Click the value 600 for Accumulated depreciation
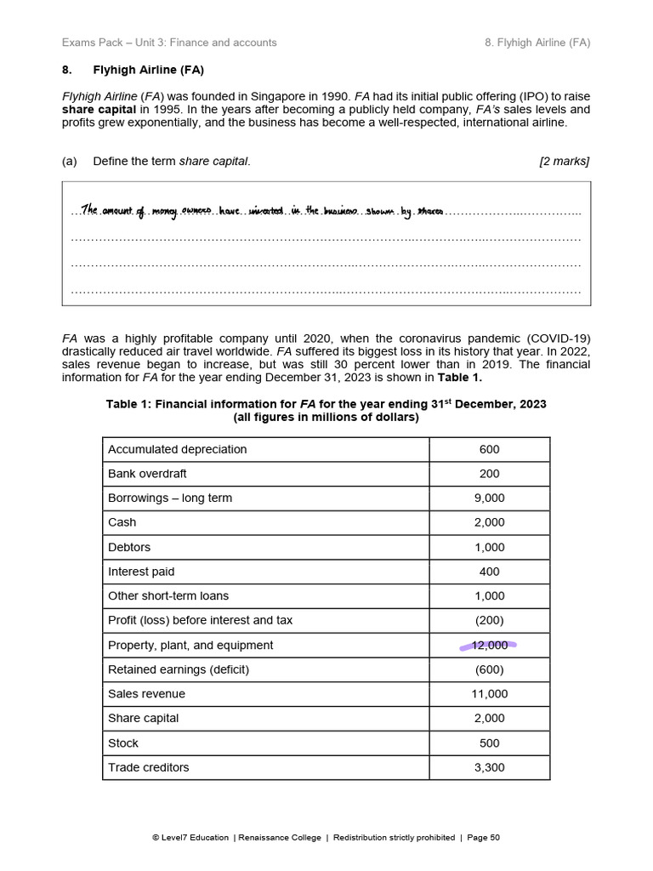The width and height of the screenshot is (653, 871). coord(489,449)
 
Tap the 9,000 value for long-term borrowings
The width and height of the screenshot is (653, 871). coord(489,498)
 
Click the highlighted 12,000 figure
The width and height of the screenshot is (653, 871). coord(489,646)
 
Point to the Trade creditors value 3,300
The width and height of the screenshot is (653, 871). coord(489,767)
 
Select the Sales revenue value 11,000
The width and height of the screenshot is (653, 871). coord(489,694)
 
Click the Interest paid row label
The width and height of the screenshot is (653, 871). coord(141,572)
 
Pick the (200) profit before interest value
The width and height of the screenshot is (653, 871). coord(489,621)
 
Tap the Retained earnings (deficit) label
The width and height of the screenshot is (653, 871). coord(179,669)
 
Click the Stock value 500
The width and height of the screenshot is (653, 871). coord(489,743)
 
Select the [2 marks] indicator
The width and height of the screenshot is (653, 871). coord(564,161)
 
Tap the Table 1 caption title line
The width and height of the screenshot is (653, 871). coord(326,404)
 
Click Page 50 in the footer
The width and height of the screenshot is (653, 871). coord(483,838)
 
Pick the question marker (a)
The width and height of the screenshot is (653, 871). coord(70,161)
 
